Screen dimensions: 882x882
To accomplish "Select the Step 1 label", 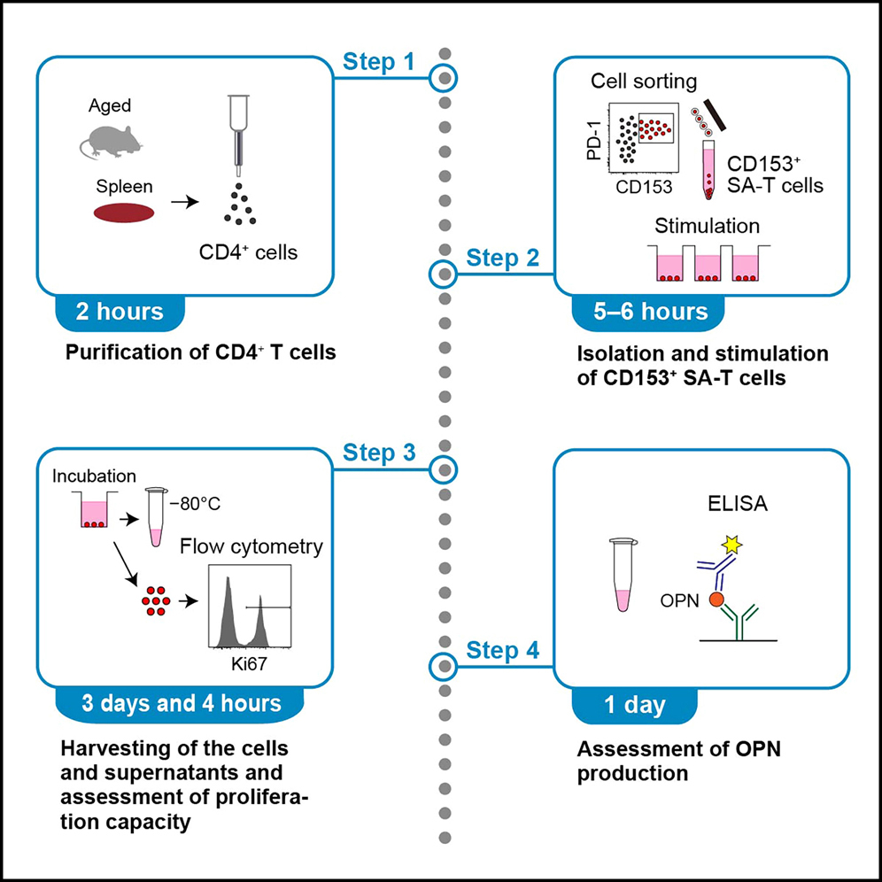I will coord(378,63).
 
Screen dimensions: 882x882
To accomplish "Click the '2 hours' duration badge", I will coord(120,312).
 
